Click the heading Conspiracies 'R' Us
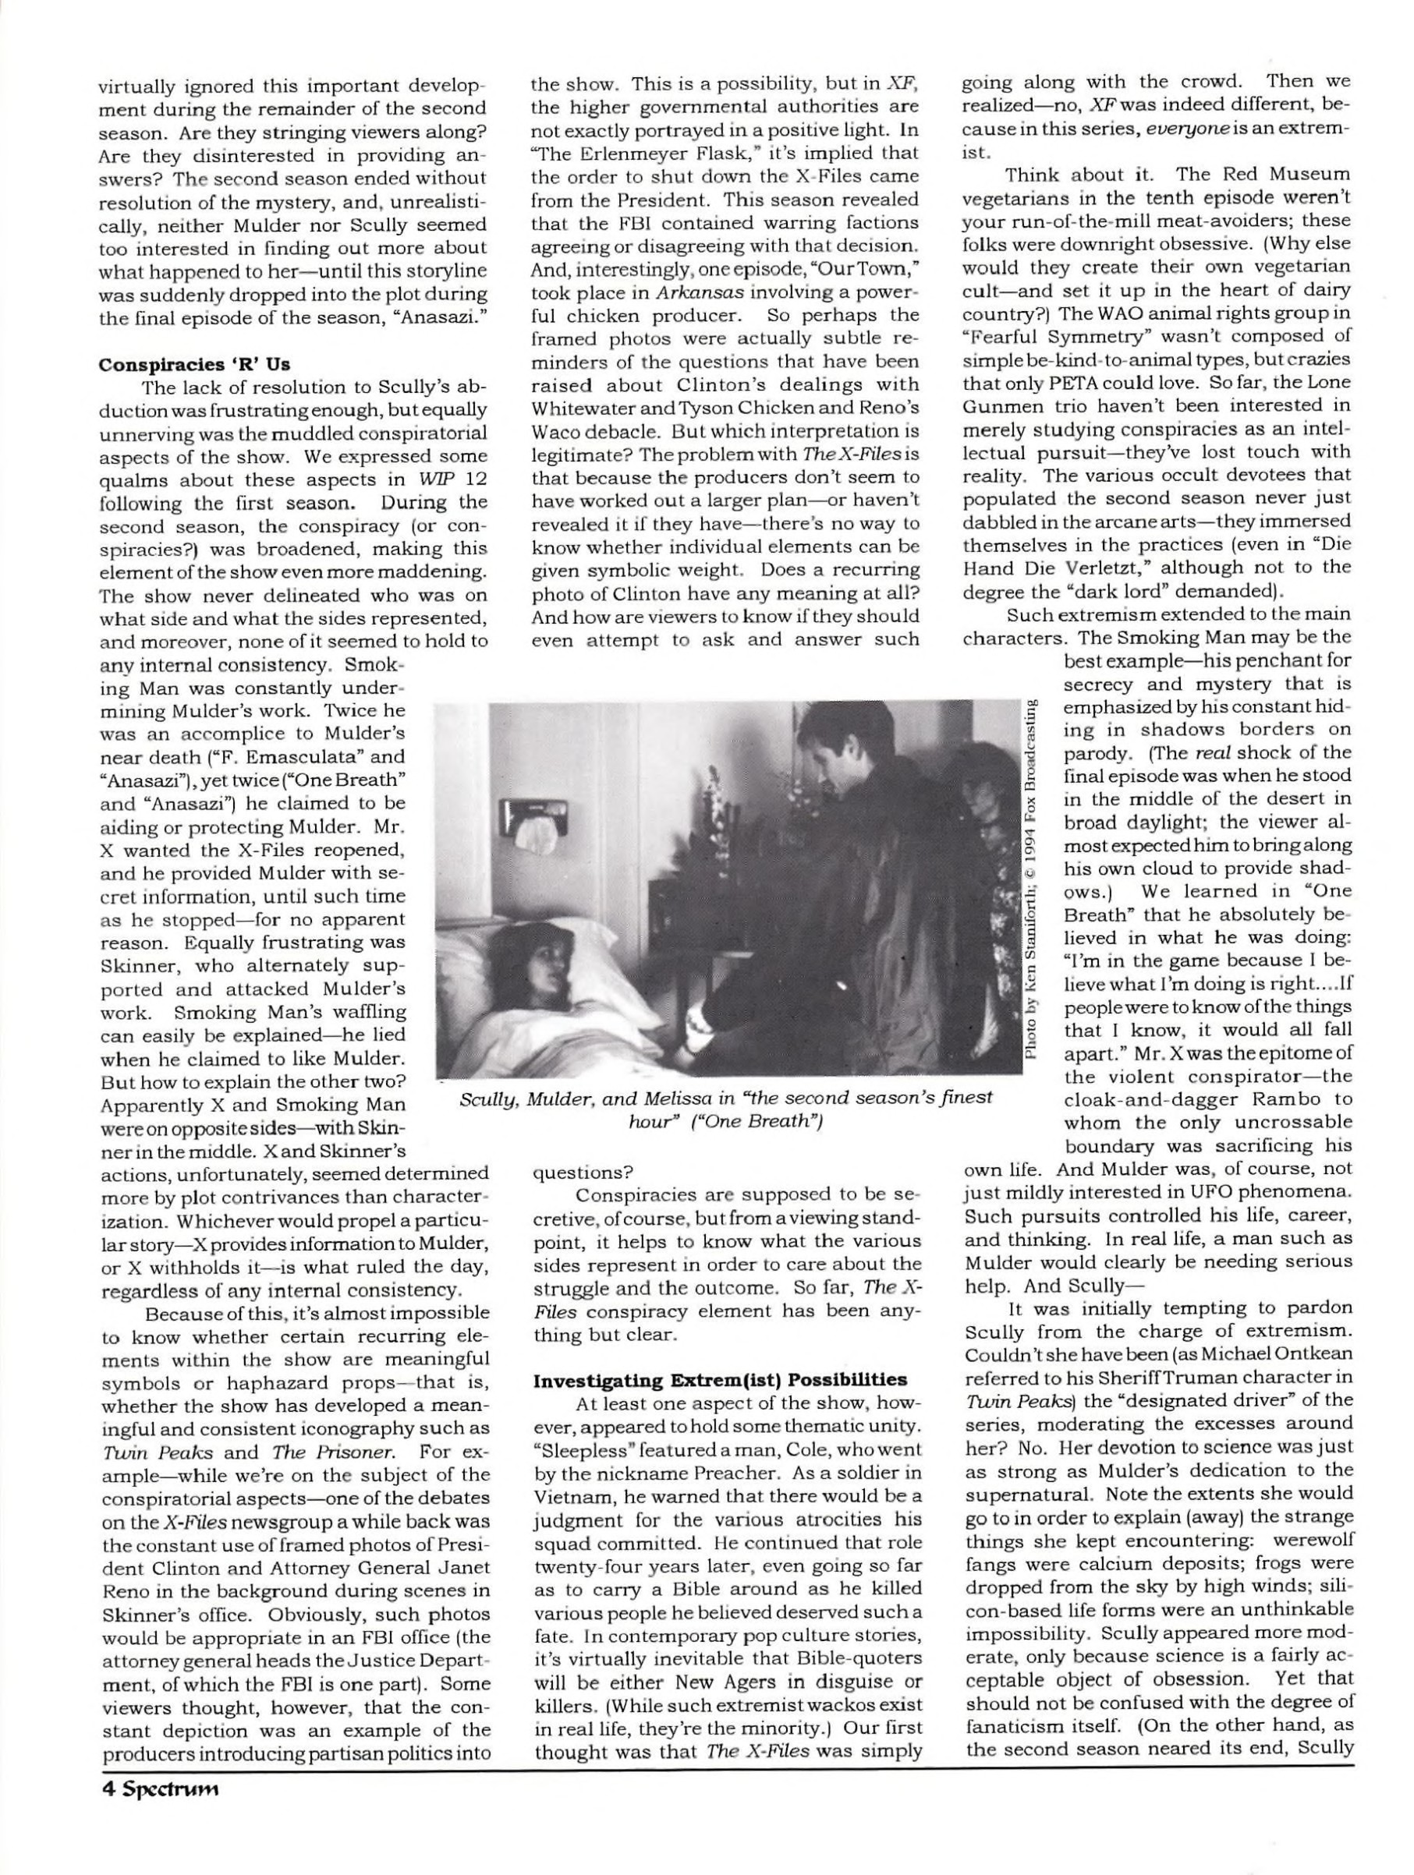coord(194,366)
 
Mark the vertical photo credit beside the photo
coord(1031,881)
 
